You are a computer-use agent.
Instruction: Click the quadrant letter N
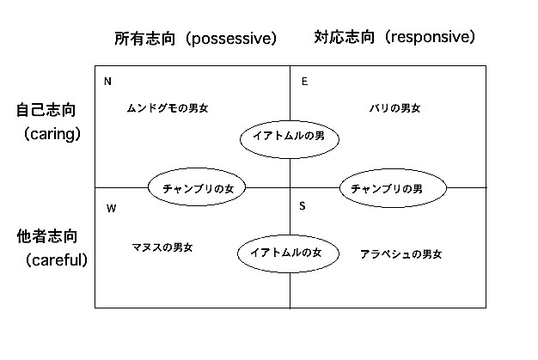(107, 82)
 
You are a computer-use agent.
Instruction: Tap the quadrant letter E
(305, 82)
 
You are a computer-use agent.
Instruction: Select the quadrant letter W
(111, 209)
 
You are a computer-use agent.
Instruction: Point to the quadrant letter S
(303, 206)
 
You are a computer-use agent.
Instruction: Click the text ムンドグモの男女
(168, 108)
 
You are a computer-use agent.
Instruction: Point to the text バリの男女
(395, 108)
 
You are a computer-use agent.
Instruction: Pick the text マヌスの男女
(162, 247)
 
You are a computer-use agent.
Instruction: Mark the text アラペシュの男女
(400, 254)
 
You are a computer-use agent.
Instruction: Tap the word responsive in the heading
(429, 37)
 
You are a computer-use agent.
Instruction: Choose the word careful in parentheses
(56, 260)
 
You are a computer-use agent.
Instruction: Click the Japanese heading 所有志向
(144, 39)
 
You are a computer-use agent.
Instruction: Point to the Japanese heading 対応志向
(344, 37)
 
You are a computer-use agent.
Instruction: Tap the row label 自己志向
(46, 110)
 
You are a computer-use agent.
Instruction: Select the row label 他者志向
(47, 236)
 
